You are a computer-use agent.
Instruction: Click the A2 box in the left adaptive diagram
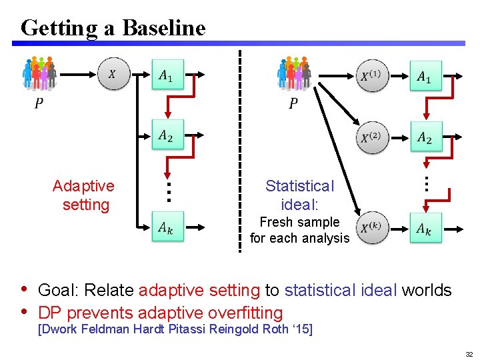[x=167, y=136]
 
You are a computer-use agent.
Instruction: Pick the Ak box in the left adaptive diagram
[x=167, y=227]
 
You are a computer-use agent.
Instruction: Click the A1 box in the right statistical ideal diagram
[x=425, y=77]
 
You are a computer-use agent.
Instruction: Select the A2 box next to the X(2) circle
[x=425, y=137]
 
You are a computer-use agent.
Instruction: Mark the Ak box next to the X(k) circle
[x=425, y=229]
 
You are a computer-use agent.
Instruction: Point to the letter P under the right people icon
[x=293, y=103]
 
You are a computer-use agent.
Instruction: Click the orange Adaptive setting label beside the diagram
[x=84, y=195]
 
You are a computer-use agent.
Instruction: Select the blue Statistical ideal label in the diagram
[x=299, y=195]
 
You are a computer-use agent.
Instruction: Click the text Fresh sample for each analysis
[x=299, y=230]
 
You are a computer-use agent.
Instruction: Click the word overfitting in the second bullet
[x=245, y=312]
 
